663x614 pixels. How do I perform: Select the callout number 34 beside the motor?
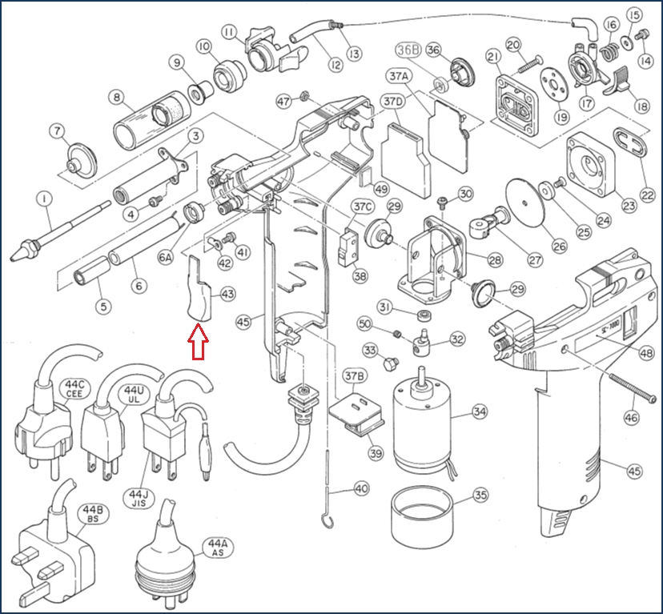pos(479,412)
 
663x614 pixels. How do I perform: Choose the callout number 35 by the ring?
pos(480,495)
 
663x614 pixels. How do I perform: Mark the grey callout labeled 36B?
pos(408,50)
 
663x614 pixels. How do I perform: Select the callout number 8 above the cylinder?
pos(118,99)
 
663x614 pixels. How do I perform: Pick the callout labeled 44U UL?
pos(132,393)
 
